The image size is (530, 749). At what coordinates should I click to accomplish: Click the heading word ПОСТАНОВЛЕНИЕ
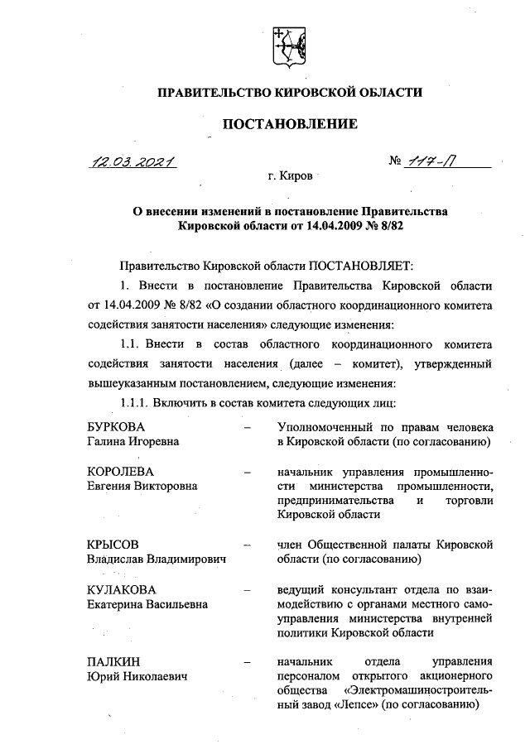click(x=288, y=124)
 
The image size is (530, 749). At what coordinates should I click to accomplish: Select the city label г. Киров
click(x=287, y=177)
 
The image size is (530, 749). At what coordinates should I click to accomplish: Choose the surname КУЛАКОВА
click(x=122, y=589)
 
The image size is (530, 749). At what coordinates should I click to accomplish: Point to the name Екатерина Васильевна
click(x=147, y=604)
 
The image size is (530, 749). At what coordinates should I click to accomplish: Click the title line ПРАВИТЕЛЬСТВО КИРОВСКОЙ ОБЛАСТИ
click(x=290, y=92)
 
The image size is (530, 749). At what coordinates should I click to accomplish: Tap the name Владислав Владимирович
click(x=157, y=560)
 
